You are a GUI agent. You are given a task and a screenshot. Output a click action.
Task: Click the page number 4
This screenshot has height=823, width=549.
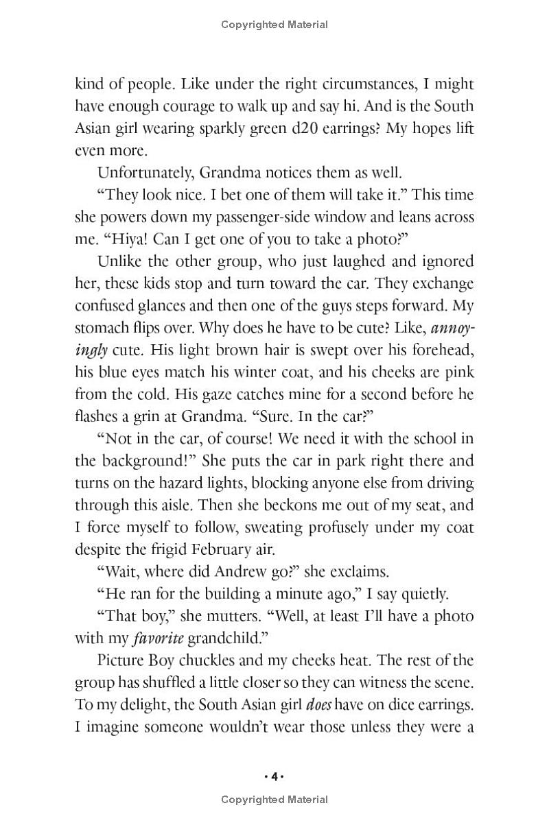pyautogui.click(x=274, y=776)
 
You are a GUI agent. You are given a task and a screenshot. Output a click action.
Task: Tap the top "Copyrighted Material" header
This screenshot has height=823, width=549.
pyautogui.click(x=274, y=25)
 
